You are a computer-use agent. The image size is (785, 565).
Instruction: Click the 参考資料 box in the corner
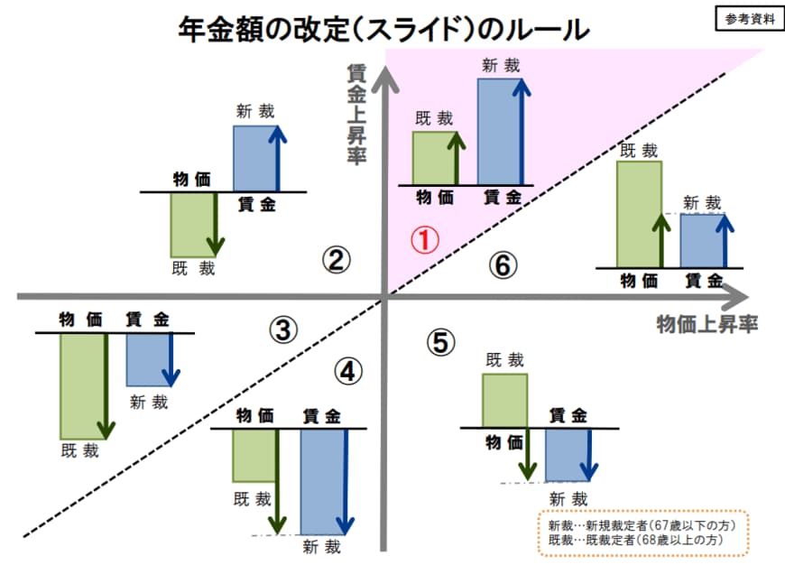pos(748,18)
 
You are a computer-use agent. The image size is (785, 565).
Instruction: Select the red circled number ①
pos(425,240)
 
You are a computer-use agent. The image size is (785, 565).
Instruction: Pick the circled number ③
pos(283,330)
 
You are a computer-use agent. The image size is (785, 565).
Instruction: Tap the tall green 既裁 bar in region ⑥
pos(639,214)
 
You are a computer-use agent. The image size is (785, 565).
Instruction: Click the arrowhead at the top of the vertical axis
pos(387,79)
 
